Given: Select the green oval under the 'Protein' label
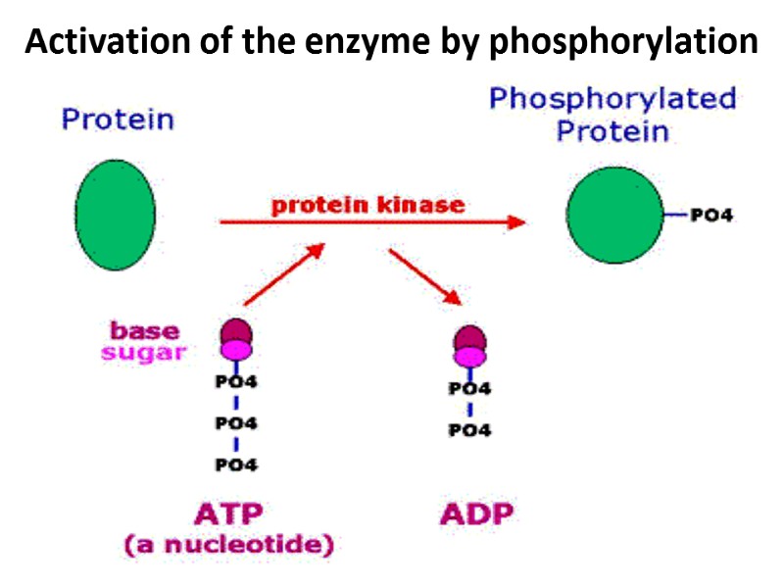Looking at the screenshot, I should [116, 215].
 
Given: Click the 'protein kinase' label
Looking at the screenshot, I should [368, 205].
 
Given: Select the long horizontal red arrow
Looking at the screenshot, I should [372, 222].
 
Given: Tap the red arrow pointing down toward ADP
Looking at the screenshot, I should [424, 275].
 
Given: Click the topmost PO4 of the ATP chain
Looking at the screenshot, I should [236, 382].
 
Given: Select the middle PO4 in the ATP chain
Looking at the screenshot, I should [236, 423].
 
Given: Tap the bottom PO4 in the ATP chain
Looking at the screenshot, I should [236, 464].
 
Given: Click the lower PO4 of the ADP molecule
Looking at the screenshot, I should [469, 430].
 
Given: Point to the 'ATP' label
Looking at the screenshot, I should [228, 513].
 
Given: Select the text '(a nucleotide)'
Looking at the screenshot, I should [228, 545].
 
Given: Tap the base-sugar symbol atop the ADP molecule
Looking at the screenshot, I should [470, 341].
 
